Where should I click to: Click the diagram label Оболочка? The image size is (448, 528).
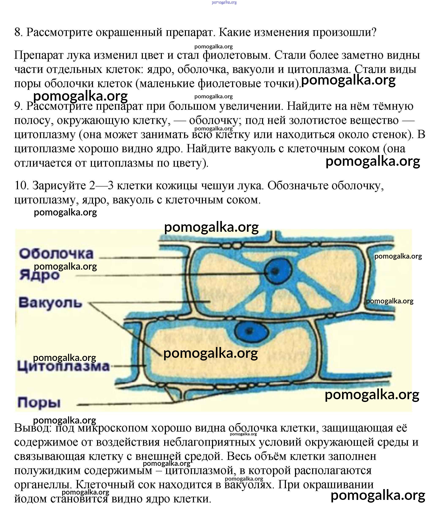pos(56,254)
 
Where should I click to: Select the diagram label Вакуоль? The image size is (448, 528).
pos(50,303)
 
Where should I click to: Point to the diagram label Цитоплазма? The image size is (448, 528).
pos(63,366)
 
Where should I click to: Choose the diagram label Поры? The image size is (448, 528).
pos(39,402)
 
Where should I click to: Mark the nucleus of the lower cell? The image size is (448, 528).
pos(251,331)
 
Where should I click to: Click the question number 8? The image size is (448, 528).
pos(18,33)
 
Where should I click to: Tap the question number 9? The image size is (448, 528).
pos(18,106)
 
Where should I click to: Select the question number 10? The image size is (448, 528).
pos(21,185)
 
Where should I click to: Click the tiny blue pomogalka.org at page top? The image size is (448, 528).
pos(224,3)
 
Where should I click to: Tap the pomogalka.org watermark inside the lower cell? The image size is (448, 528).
pos(210,353)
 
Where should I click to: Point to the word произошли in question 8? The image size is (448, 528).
pos(344,33)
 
